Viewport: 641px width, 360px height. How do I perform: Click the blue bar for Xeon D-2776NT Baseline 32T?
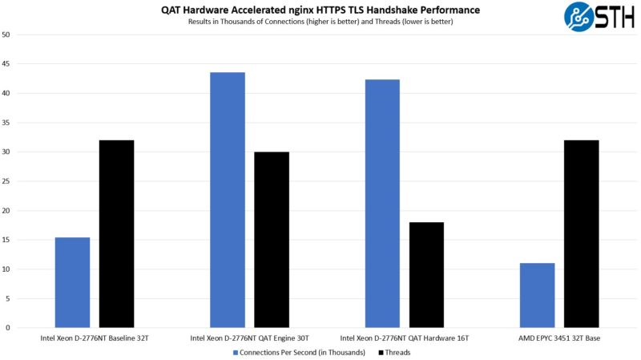tap(72, 282)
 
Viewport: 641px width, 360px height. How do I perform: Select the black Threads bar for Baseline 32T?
tap(116, 233)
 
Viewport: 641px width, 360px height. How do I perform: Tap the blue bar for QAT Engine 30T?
tap(228, 200)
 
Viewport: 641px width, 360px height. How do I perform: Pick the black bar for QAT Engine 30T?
tap(272, 240)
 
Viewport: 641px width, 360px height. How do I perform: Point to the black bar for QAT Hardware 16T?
tap(426, 274)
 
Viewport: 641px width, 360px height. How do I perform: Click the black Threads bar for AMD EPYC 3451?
tap(581, 233)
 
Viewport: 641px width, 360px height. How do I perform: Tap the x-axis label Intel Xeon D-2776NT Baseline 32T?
tap(95, 338)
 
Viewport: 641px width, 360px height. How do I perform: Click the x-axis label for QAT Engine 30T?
tap(249, 338)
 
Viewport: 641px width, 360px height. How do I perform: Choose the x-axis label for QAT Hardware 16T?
tap(405, 338)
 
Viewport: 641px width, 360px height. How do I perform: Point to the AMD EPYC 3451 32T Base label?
tap(559, 338)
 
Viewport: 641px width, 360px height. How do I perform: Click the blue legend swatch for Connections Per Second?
tap(236, 352)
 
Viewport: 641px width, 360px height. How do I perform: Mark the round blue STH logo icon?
tap(579, 17)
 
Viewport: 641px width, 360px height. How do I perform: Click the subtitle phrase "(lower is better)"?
tap(426, 22)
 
